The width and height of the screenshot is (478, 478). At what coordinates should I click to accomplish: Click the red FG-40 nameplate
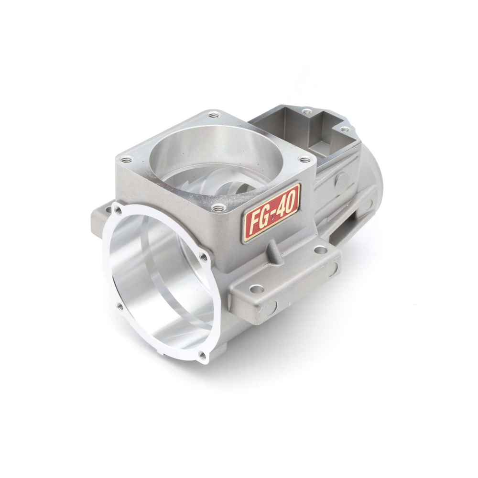pos(272,213)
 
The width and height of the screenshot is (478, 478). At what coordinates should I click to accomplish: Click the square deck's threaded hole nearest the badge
pos(217,208)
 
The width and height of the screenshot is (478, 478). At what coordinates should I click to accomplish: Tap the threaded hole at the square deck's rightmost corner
pos(304,159)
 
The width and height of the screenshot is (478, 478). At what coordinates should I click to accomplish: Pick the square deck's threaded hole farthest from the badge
pos(213,115)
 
